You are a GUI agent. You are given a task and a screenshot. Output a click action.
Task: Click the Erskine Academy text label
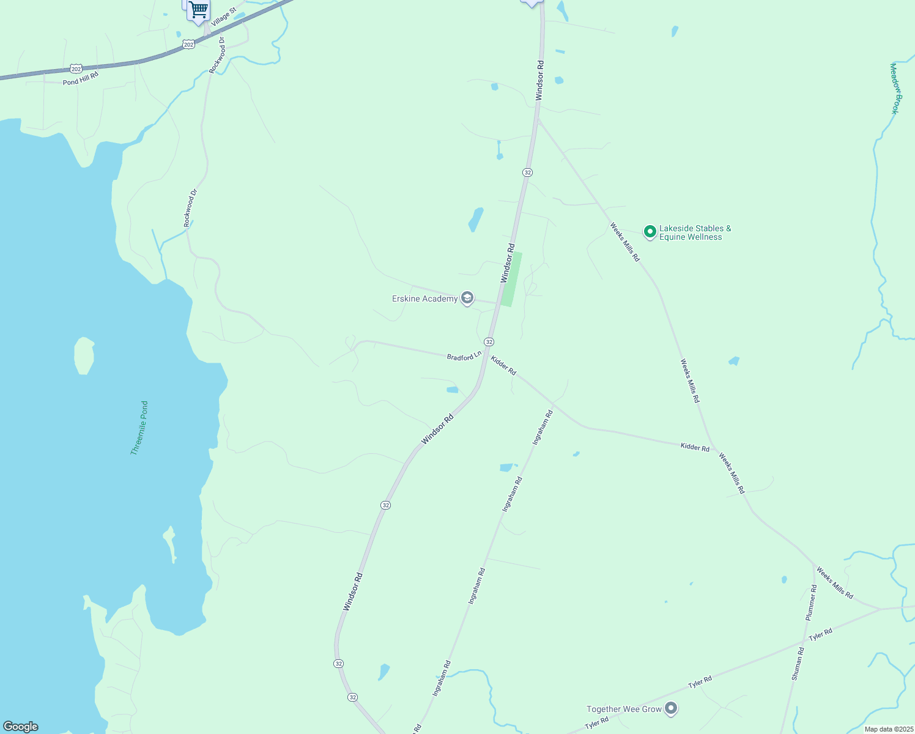[424, 298]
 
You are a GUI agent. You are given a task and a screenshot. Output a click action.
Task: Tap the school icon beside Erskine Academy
[467, 298]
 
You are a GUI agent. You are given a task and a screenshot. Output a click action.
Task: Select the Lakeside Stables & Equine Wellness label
[695, 233]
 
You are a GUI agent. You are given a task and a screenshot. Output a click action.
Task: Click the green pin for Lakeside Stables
[650, 232]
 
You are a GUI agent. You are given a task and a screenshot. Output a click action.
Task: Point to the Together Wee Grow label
[624, 709]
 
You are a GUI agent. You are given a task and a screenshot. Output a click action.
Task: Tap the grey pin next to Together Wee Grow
[671, 708]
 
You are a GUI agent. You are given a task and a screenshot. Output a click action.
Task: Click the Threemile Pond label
[139, 428]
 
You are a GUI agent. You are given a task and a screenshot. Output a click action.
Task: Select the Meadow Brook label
[895, 88]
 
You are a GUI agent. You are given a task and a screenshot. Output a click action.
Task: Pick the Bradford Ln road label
[464, 356]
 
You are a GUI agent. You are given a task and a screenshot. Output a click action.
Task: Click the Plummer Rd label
[811, 603]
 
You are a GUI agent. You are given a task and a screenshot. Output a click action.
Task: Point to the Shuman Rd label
[798, 664]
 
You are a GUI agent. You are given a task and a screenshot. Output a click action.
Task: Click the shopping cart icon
[198, 10]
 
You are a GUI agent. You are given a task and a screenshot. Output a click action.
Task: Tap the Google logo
[21, 727]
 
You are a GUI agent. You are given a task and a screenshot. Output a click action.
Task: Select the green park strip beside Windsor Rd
[511, 279]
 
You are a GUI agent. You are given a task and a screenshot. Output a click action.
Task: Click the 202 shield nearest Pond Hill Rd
[75, 68]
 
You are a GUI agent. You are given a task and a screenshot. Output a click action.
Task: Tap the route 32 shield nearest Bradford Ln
[489, 341]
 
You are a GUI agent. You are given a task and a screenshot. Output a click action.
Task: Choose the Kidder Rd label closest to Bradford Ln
[503, 366]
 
